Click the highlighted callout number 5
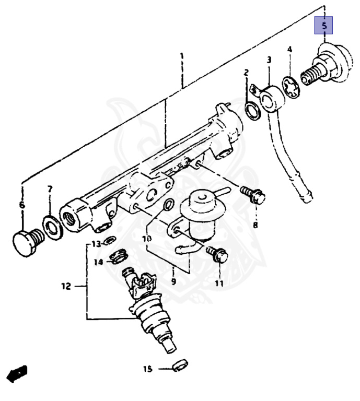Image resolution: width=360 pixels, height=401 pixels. [x=323, y=26]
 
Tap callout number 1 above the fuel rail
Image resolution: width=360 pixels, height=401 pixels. [x=182, y=56]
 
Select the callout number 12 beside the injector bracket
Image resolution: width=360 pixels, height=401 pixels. [x=66, y=286]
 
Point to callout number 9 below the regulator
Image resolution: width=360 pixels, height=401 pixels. [x=174, y=281]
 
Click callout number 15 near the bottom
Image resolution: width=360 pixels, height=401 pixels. [x=147, y=369]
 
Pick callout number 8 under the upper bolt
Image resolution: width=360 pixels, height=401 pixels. [x=256, y=225]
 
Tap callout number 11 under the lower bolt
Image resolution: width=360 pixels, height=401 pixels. [x=219, y=284]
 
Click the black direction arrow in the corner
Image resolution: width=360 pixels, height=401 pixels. [x=17, y=373]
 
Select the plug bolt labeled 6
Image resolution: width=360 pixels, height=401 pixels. [x=28, y=240]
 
